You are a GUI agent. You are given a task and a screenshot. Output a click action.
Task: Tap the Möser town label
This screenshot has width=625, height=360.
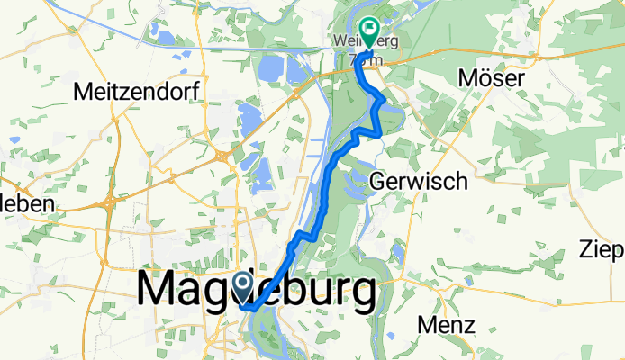(x=491, y=79)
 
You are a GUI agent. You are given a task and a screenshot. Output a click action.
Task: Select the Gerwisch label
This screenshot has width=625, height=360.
(x=419, y=181)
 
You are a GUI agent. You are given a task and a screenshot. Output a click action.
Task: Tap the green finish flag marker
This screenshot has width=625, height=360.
(x=368, y=32)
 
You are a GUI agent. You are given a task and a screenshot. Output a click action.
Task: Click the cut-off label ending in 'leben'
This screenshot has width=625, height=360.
(x=27, y=203)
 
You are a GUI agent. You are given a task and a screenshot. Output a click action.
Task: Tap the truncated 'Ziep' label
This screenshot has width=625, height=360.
(x=602, y=248)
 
